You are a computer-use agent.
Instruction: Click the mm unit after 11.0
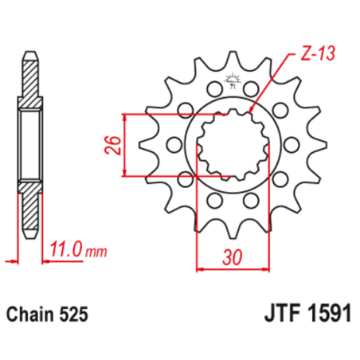(x=96, y=253)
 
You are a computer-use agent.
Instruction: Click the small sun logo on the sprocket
(x=234, y=80)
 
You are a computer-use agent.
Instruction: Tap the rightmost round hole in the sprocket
(x=292, y=144)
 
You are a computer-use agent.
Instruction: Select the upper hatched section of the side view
(x=29, y=80)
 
